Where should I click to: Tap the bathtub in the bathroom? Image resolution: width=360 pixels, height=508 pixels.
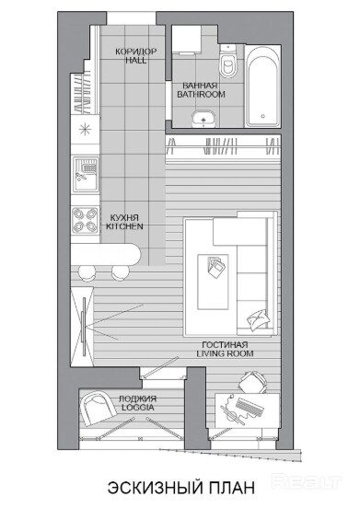(262, 87)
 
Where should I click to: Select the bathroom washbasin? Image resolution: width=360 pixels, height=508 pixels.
(203, 119)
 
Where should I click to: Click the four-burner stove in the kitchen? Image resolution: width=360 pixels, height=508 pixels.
(86, 220)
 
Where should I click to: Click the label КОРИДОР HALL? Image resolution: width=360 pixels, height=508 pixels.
(136, 56)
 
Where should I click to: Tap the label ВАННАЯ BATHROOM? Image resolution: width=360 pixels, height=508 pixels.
(201, 90)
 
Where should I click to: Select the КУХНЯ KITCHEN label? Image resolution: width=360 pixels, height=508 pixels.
(124, 222)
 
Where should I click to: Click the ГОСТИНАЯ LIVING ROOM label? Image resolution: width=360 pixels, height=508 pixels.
(226, 350)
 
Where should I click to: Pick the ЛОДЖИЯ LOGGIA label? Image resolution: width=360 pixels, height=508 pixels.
(138, 403)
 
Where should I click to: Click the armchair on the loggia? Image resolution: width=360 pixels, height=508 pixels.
(98, 409)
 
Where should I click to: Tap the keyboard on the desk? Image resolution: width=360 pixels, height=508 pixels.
(250, 407)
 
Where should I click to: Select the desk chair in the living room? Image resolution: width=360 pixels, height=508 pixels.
(253, 383)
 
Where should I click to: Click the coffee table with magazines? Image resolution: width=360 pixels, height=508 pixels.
(213, 282)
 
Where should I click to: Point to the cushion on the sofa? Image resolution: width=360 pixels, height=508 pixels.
(258, 319)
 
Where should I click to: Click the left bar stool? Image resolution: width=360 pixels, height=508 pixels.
(87, 272)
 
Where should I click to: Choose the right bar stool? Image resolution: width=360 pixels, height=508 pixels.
(121, 272)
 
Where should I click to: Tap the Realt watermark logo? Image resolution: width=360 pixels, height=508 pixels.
(306, 482)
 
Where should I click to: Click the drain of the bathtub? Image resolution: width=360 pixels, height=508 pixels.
(262, 116)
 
